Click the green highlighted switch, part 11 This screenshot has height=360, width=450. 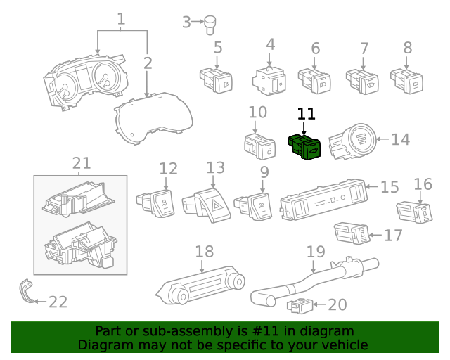click(x=305, y=146)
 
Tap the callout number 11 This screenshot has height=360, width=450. click(x=307, y=114)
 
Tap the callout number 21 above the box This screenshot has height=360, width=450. click(x=82, y=163)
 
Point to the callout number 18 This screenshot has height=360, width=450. click(x=204, y=252)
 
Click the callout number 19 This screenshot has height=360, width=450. click(x=316, y=252)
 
